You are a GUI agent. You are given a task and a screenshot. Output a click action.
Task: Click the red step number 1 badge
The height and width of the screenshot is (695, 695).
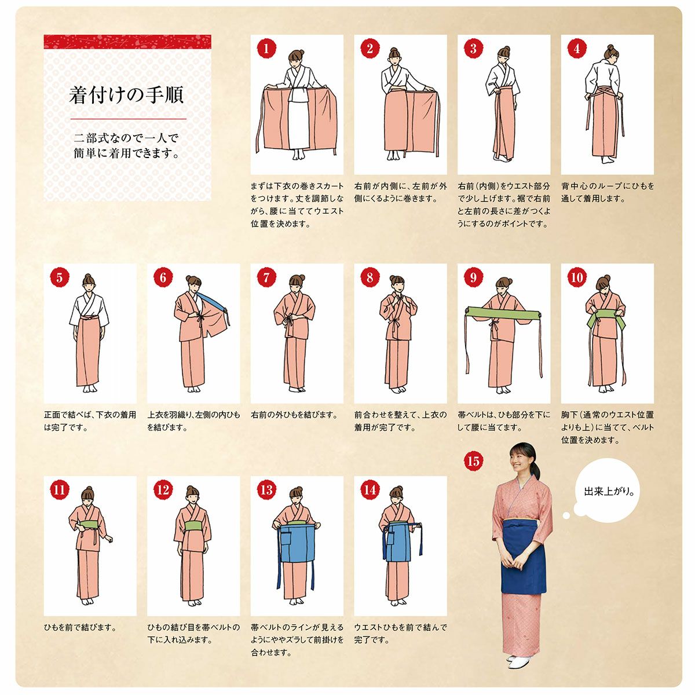coord(266,48)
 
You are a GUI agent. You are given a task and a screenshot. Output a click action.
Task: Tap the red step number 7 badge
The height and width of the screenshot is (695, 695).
coord(266,277)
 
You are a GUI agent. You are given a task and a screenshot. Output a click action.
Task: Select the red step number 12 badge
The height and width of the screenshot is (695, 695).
coord(163,489)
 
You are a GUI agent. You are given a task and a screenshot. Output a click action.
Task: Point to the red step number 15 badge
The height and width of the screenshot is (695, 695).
coord(473,460)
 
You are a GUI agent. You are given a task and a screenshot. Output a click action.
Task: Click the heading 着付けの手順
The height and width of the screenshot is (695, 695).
coord(126,95)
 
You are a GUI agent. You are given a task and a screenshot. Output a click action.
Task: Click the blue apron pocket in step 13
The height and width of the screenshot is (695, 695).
coord(287,543)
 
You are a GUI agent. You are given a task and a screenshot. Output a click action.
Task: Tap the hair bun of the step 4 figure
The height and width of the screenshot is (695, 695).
coord(610,48)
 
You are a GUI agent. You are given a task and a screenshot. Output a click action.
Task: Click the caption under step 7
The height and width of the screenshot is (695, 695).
coord(295,415)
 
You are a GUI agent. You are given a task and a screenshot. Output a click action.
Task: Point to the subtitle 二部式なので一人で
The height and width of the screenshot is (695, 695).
coord(126,138)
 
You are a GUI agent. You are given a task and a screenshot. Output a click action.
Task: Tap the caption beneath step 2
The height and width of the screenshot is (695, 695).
coord(400,192)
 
